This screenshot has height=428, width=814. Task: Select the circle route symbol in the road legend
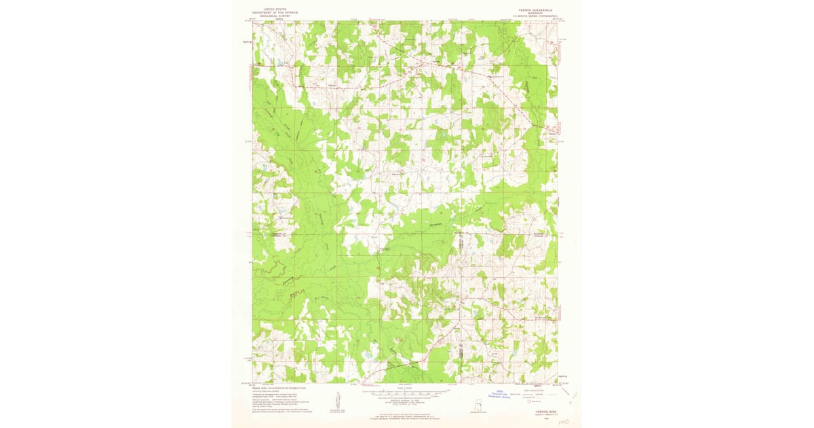click(521, 402)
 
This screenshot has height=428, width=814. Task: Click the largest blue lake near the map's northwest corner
click(280, 65)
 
